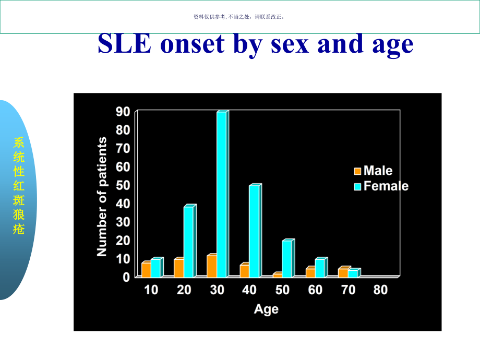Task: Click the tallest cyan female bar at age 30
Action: [222, 194]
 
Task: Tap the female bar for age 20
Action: [189, 241]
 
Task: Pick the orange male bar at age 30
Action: [211, 266]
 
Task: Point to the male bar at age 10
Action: [146, 270]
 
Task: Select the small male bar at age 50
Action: [277, 275]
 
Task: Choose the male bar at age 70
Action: [343, 272]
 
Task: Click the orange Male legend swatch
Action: [357, 171]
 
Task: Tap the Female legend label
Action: [386, 186]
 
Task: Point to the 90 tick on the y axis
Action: [123, 111]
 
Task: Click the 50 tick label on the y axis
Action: [123, 185]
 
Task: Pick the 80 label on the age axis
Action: [380, 290]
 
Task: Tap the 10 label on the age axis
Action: [151, 290]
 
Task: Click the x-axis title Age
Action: [266, 309]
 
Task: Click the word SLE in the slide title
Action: [125, 44]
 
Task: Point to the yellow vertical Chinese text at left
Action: [19, 186]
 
